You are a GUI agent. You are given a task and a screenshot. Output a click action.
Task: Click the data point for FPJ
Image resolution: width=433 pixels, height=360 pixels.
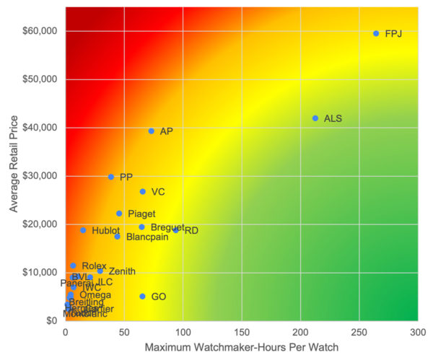point(376,33)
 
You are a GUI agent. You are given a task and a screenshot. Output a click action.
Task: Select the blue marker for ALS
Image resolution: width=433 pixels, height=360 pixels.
point(315,118)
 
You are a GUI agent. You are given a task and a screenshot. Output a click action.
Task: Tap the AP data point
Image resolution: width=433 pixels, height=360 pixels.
point(151,131)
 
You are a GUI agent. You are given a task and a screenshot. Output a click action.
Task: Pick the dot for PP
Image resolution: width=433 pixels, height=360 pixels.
point(110,177)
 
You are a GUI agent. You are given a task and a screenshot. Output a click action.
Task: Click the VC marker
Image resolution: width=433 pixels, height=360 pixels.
point(143,192)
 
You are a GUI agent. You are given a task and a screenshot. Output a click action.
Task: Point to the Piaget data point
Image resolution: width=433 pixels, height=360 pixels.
point(119,214)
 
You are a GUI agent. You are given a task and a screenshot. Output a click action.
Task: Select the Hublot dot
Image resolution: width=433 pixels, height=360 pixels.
point(83,230)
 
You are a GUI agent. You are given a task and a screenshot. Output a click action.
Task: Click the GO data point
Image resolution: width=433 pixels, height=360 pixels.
point(142,297)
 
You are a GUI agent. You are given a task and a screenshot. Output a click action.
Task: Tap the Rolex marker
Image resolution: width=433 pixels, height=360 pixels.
point(73,266)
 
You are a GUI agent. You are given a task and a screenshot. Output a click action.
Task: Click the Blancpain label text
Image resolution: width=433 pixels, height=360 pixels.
point(148,237)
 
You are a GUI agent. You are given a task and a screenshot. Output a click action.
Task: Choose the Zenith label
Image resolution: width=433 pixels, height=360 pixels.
point(121,272)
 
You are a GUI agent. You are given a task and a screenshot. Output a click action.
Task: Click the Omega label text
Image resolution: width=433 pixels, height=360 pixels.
point(95,295)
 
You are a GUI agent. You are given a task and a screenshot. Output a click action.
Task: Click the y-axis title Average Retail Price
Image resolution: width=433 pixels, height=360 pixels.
point(14,164)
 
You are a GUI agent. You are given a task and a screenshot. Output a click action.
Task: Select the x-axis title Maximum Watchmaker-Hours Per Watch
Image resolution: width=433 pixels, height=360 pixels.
point(241,348)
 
